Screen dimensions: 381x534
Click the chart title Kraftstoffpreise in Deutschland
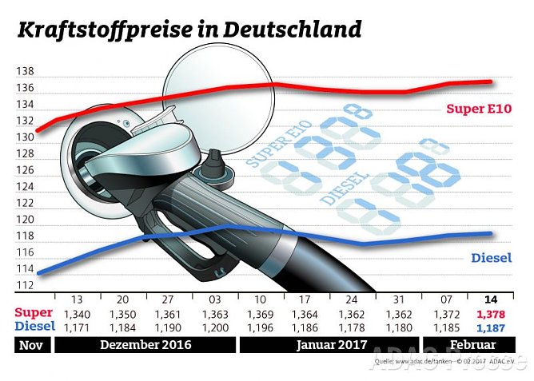(x=189, y=30)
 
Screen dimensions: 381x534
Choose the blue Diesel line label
(x=491, y=258)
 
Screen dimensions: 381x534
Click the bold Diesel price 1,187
(x=491, y=327)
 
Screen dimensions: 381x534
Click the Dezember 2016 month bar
(x=145, y=345)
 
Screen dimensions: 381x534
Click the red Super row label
(x=34, y=314)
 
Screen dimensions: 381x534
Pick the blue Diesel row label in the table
(x=34, y=327)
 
